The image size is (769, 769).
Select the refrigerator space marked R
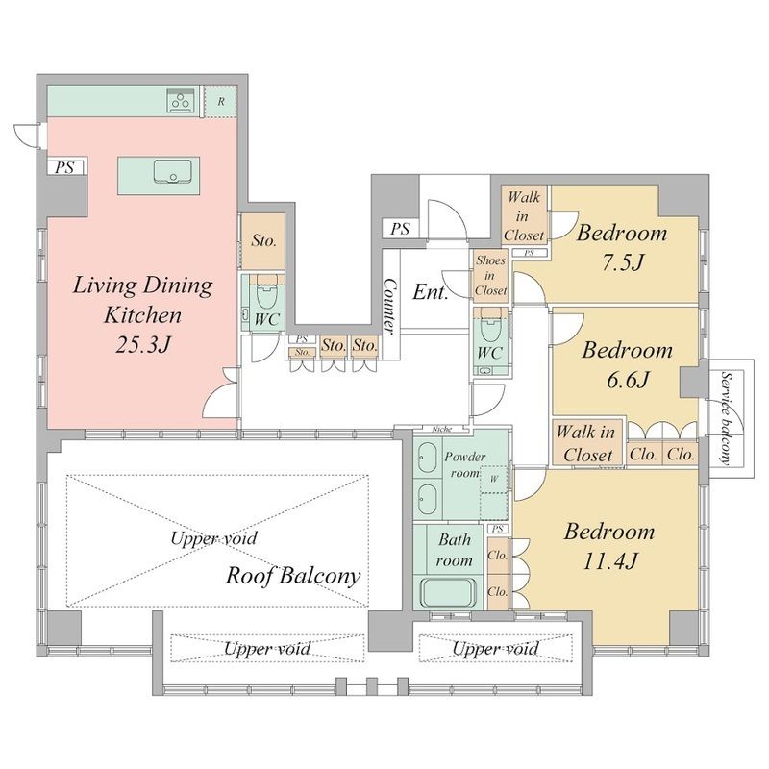pyautogui.click(x=221, y=102)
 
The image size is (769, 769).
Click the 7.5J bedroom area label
pyautogui.click(x=622, y=263)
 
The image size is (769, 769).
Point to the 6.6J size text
pyautogui.click(x=628, y=380)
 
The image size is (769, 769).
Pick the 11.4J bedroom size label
pyautogui.click(x=609, y=561)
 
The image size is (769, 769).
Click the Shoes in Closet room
pyautogui.click(x=490, y=276)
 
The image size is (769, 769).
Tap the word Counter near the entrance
pyautogui.click(x=391, y=306)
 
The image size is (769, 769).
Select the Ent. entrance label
pyautogui.click(x=430, y=292)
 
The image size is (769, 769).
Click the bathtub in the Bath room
pyautogui.click(x=449, y=592)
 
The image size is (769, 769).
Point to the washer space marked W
pyautogui.click(x=493, y=479)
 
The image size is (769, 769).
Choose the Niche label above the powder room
pyautogui.click(x=441, y=429)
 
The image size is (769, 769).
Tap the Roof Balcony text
pyautogui.click(x=293, y=575)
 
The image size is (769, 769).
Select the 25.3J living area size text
pyautogui.click(x=142, y=346)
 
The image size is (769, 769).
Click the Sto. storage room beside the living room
pyautogui.click(x=263, y=241)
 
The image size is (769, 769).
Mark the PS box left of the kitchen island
pyautogui.click(x=64, y=167)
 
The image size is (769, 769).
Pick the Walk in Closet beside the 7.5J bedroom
pyautogui.click(x=524, y=215)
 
